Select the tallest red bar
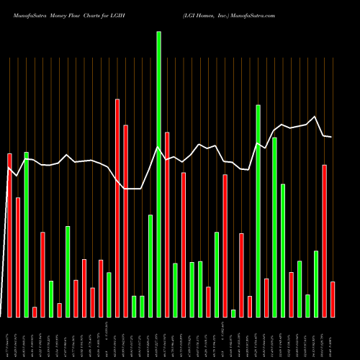pos(117,208)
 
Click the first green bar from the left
pos(26,235)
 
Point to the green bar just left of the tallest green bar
pos(150,266)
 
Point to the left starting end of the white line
pos(9,168)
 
